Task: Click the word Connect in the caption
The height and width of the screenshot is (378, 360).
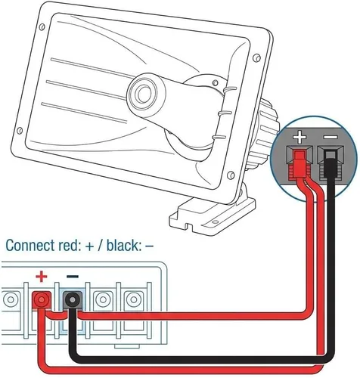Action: click(30, 245)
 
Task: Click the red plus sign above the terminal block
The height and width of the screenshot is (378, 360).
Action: click(42, 277)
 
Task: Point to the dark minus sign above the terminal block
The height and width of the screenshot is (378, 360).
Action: click(73, 277)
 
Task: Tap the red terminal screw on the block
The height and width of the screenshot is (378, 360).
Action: click(42, 299)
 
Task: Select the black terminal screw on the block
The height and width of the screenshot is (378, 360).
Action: click(73, 299)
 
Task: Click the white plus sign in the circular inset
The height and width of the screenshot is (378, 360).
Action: click(299, 137)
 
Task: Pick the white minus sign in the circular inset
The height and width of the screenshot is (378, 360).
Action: click(331, 137)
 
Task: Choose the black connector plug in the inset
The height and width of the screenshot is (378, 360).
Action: click(331, 164)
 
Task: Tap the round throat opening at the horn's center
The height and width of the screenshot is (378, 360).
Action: click(144, 94)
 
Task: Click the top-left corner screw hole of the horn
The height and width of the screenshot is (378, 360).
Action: click(42, 27)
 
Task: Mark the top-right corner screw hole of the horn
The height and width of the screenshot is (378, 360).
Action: click(256, 58)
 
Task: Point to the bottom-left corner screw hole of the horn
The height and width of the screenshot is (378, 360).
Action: click(20, 131)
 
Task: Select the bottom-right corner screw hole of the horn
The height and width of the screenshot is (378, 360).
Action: click(231, 175)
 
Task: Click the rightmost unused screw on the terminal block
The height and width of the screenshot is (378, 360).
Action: click(134, 299)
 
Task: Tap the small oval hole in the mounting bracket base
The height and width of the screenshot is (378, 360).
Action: click(215, 222)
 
